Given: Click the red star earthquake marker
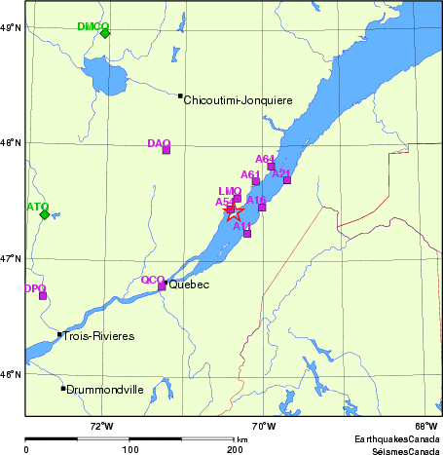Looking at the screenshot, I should (x=234, y=212).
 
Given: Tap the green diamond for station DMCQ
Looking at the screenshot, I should (x=105, y=33).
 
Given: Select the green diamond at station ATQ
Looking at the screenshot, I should (x=44, y=214).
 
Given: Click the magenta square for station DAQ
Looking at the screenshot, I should (x=166, y=150).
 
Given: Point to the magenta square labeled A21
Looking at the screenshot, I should (x=287, y=180).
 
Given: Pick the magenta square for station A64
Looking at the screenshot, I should (x=271, y=167).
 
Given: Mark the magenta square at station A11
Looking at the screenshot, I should (x=247, y=234).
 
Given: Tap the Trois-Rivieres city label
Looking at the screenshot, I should (x=98, y=336).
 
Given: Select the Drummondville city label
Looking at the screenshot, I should (x=105, y=390).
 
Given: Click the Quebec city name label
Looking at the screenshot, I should (x=189, y=285).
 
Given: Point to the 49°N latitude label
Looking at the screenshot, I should (x=11, y=27).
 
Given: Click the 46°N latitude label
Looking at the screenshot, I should (x=11, y=375).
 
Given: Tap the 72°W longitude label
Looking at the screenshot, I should (x=101, y=426).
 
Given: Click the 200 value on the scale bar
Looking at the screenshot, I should (x=235, y=450).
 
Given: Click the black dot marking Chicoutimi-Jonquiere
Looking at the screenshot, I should (x=180, y=95).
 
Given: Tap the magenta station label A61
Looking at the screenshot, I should (x=250, y=174).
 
